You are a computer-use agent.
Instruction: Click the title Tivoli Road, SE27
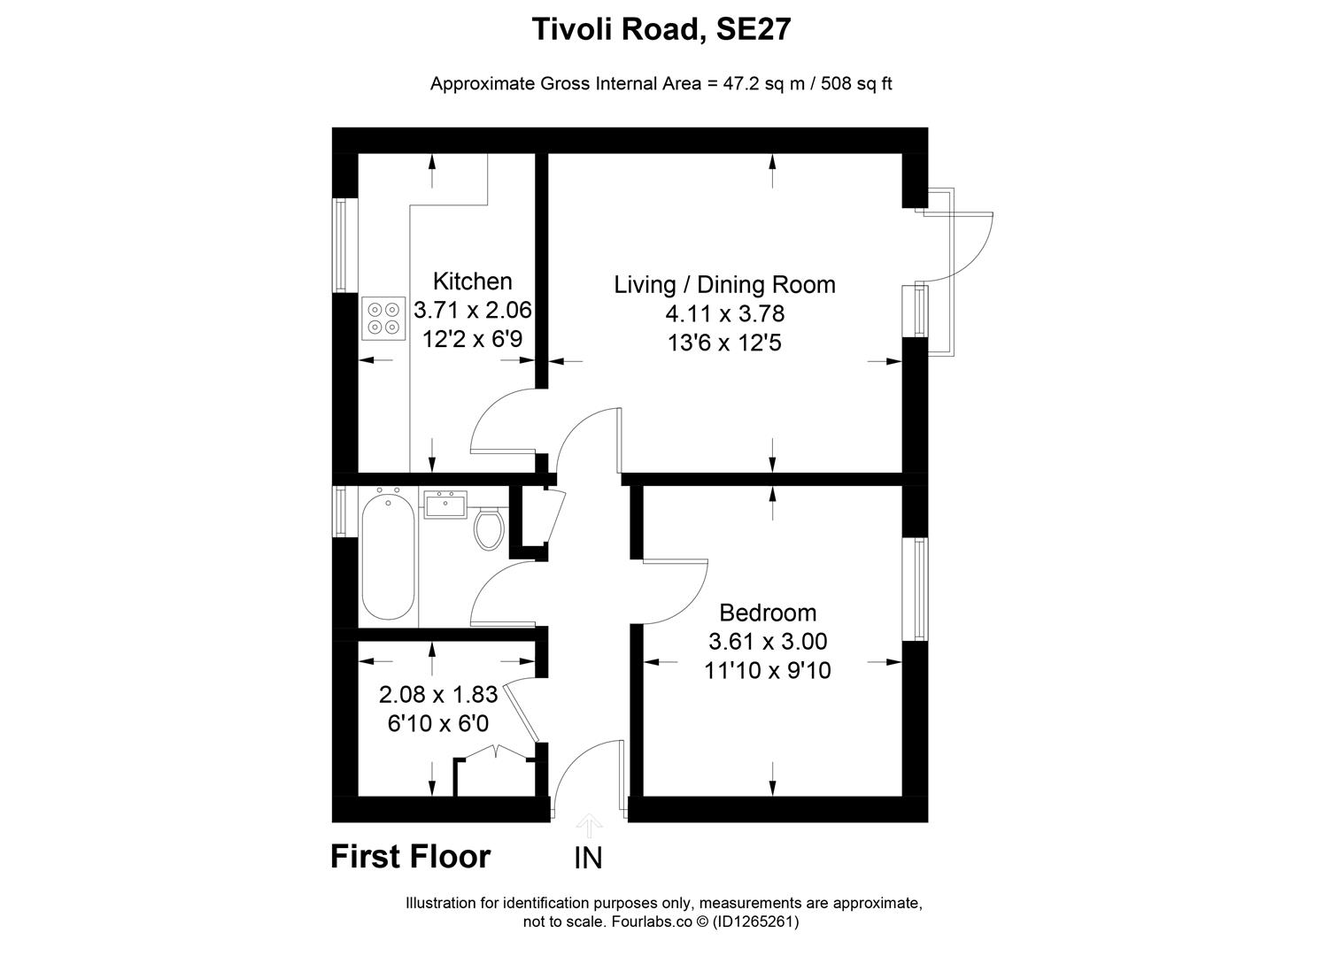pyautogui.click(x=661, y=30)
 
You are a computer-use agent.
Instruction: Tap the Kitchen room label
pyautogui.click(x=472, y=281)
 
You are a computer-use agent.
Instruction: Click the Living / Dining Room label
pyautogui.click(x=724, y=285)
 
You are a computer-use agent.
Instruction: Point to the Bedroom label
pyautogui.click(x=767, y=613)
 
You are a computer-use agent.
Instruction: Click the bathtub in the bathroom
pyautogui.click(x=388, y=557)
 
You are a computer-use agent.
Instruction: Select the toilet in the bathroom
pyautogui.click(x=489, y=528)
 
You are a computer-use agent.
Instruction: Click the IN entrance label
pyautogui.click(x=588, y=859)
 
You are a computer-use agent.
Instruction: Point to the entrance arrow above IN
pyautogui.click(x=589, y=827)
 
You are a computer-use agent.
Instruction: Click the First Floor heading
pyautogui.click(x=410, y=857)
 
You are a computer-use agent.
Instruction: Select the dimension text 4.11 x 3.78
pyautogui.click(x=724, y=314)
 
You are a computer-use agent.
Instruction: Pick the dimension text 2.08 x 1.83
pyautogui.click(x=437, y=694)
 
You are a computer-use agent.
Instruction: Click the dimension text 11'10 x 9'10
pyautogui.click(x=767, y=671)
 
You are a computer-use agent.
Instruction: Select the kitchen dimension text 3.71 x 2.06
pyautogui.click(x=472, y=311)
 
